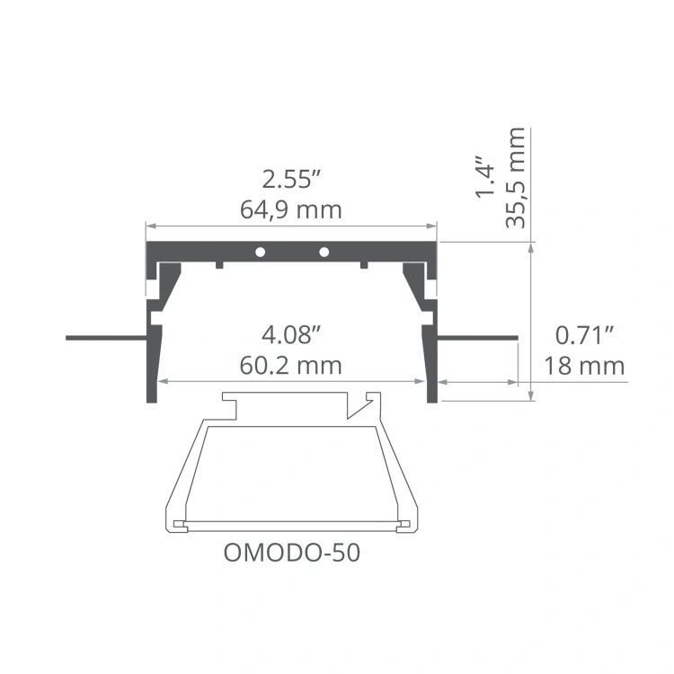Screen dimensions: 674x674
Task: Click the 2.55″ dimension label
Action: tap(291, 178)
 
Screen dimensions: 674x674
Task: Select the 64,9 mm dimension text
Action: tap(291, 210)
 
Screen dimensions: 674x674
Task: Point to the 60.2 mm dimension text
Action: tap(291, 366)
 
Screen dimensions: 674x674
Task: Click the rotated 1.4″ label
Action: tap(485, 180)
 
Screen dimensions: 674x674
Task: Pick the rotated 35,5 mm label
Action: tap(516, 178)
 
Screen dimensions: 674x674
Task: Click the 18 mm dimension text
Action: tap(584, 366)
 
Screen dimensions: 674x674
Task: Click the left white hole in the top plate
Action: tap(259, 251)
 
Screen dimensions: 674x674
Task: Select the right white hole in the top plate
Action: tap(324, 251)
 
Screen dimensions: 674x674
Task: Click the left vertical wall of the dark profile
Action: tap(152, 359)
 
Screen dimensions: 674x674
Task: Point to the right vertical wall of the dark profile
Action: tap(431, 359)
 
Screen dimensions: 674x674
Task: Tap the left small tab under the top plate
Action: tap(219, 264)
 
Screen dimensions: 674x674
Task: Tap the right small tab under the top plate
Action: tap(364, 264)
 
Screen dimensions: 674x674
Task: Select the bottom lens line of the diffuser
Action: tap(291, 523)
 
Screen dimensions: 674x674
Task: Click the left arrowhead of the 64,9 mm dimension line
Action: tap(151, 226)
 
